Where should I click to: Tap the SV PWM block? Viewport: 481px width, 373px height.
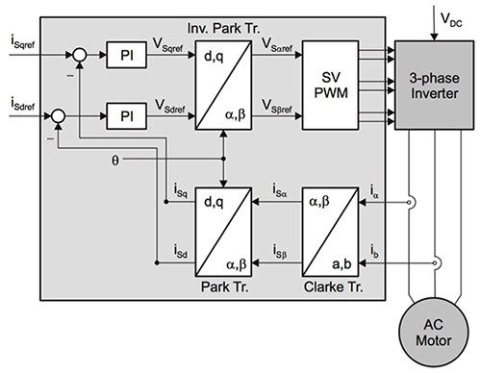328,87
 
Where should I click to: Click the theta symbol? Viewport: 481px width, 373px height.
114,159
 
